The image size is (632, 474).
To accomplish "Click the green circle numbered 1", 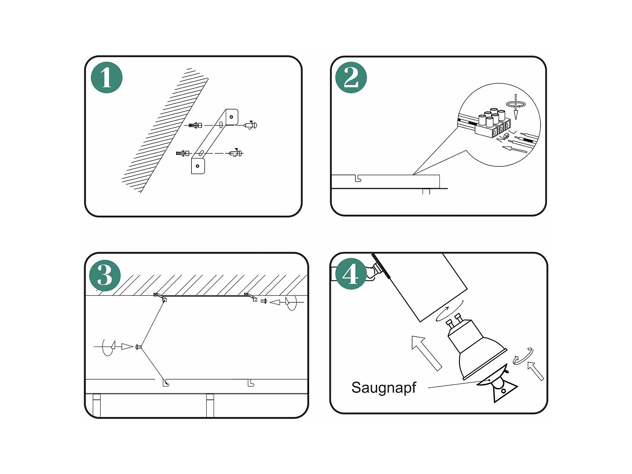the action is coord(107,77).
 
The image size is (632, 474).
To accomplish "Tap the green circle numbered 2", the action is coord(351,77).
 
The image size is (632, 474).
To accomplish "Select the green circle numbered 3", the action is coord(105,275).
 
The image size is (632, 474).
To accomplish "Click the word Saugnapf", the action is coord(384,388).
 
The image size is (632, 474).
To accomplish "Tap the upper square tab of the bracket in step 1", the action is coord(232,117).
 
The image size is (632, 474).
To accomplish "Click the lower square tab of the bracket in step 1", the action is coord(198,166).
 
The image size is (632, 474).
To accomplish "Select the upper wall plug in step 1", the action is coord(195,125).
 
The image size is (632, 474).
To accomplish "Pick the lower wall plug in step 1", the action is coord(182,153).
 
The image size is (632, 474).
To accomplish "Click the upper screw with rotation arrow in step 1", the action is coord(250,125).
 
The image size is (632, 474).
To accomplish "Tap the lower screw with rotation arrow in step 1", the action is coord(236,153).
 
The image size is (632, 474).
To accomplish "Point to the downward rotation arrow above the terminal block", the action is coord(516,107).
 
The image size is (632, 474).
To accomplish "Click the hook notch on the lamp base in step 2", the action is coord(358,178).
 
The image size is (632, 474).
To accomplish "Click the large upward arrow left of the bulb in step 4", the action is coord(427,353).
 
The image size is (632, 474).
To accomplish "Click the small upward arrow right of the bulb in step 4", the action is coord(536,371).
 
